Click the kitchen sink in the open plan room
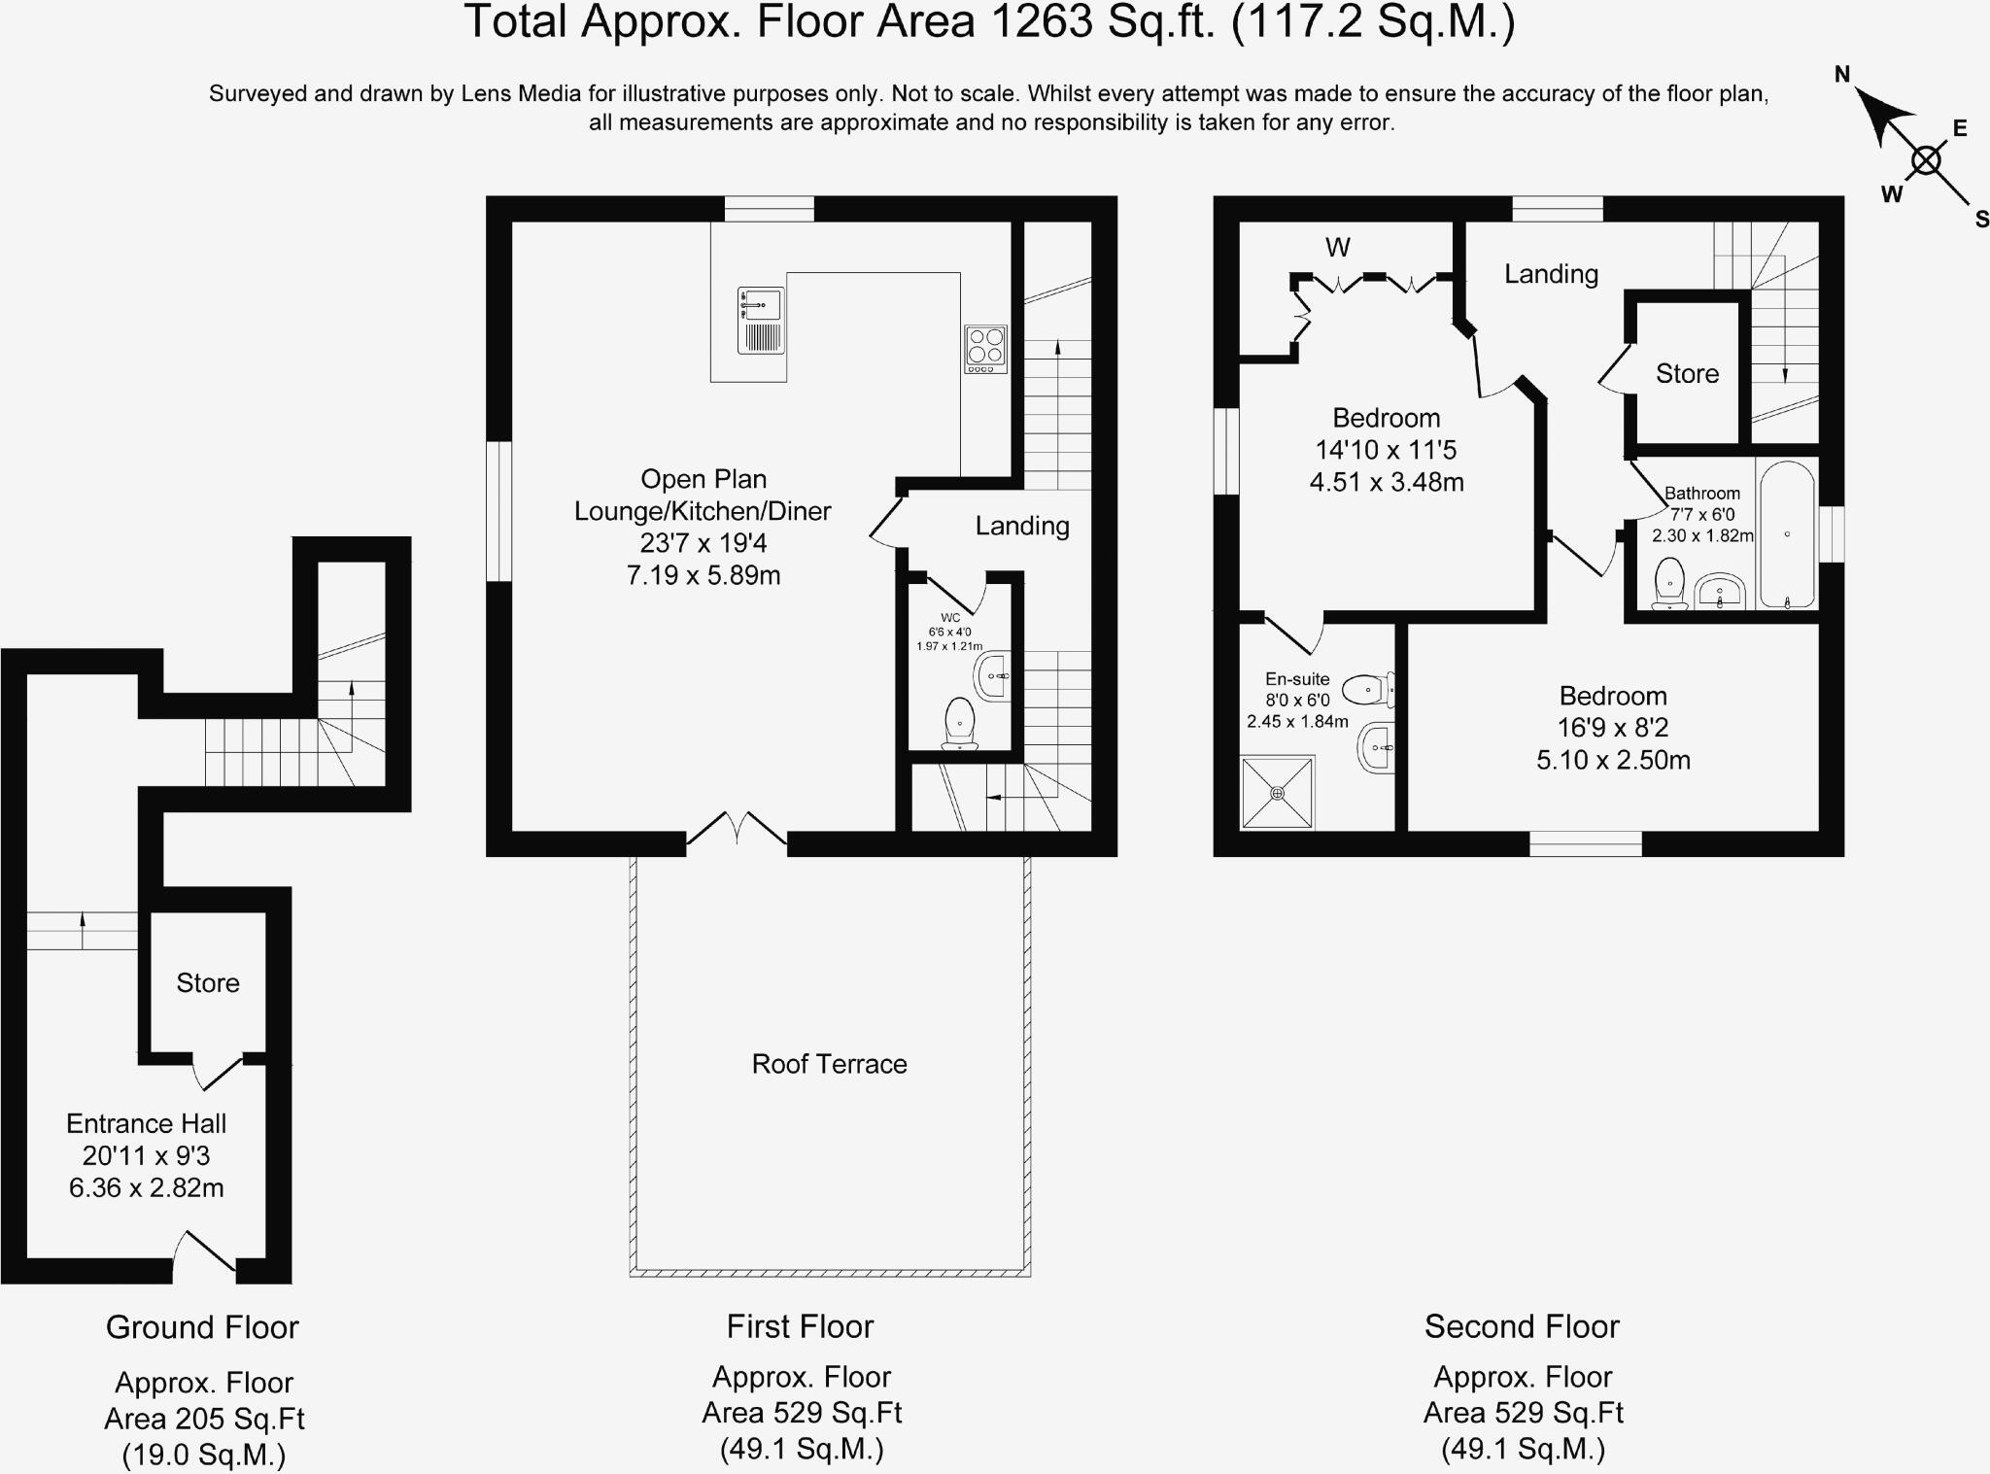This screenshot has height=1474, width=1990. (x=761, y=320)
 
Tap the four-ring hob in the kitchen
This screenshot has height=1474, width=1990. (x=985, y=349)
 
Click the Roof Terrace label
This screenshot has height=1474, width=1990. (x=829, y=1064)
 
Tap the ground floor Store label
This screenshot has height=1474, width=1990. (x=207, y=982)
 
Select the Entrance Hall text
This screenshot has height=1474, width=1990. (x=146, y=1123)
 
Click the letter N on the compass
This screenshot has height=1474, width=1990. (x=1841, y=74)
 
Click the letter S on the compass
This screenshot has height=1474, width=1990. (x=1981, y=221)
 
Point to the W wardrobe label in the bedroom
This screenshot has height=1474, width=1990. (x=1337, y=248)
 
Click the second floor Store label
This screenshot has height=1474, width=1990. (x=1687, y=373)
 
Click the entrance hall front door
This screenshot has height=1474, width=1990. (x=204, y=1255)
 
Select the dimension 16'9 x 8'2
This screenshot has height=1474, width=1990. (x=1613, y=728)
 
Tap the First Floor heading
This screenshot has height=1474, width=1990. (x=800, y=1326)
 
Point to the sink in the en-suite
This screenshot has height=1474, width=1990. (x=1377, y=747)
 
